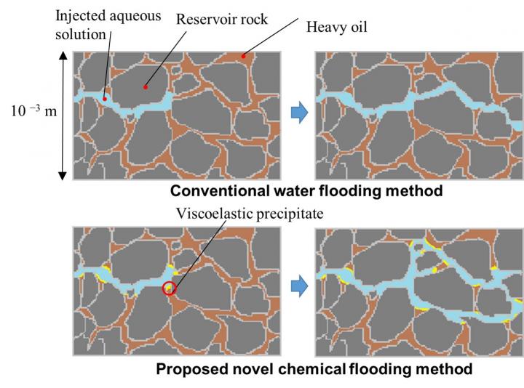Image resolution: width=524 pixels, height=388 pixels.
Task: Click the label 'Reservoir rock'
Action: tap(221, 19)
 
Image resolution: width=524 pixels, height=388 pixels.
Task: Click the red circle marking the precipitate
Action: tap(170, 288)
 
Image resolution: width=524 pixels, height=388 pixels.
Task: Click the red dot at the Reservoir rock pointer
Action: tap(146, 86)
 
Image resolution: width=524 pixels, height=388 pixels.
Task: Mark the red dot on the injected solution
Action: tap(106, 98)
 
